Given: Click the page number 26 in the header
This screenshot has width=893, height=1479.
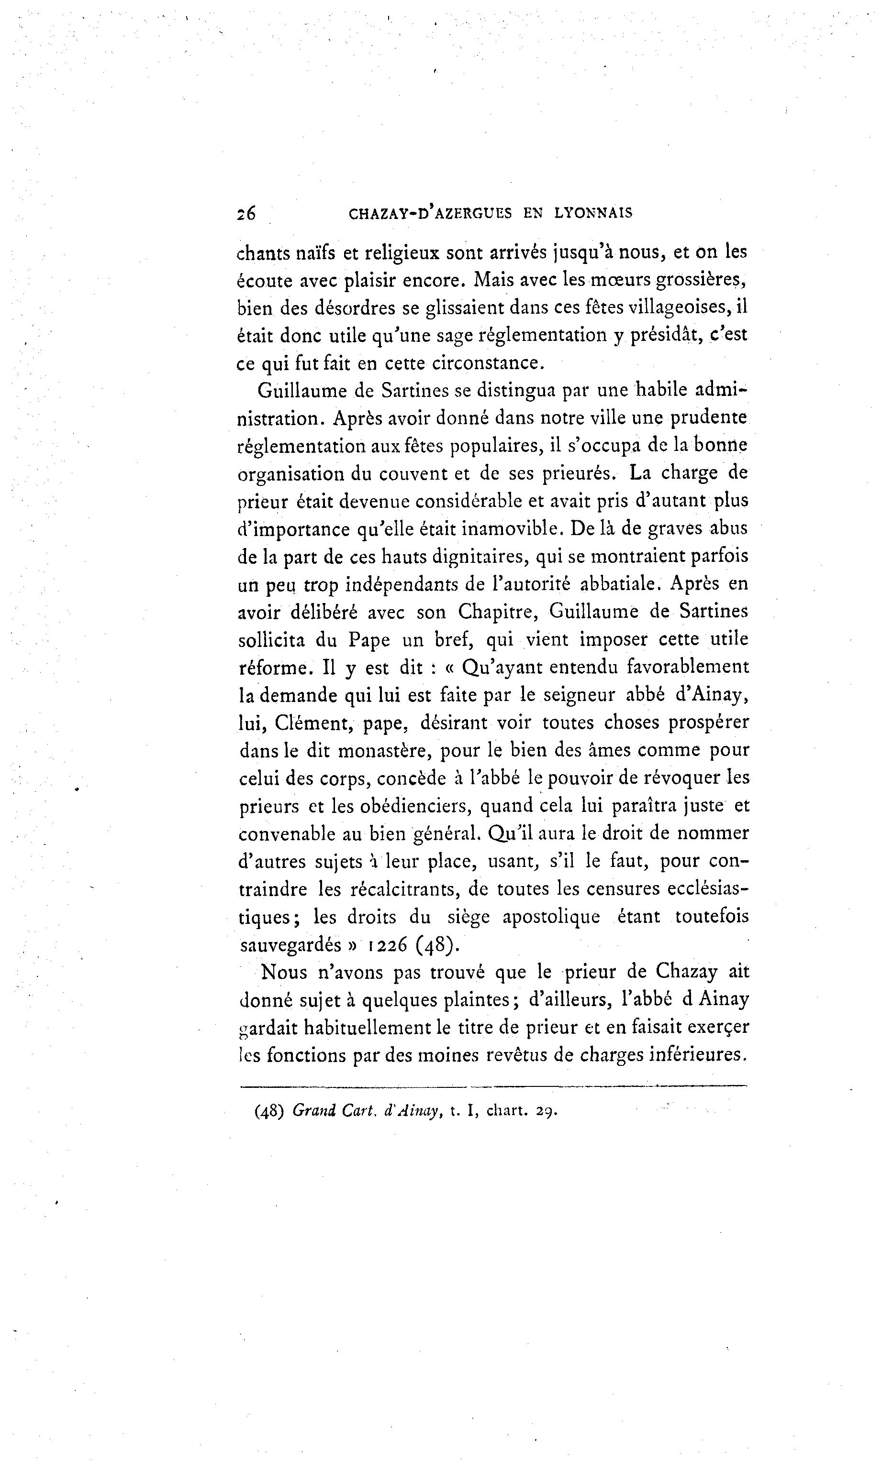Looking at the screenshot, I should click(246, 213).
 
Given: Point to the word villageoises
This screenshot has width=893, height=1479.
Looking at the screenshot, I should click(679, 307).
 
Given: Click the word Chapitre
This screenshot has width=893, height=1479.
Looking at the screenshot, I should click(497, 612).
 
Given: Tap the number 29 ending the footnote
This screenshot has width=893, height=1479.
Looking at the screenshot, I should click(546, 1111).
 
